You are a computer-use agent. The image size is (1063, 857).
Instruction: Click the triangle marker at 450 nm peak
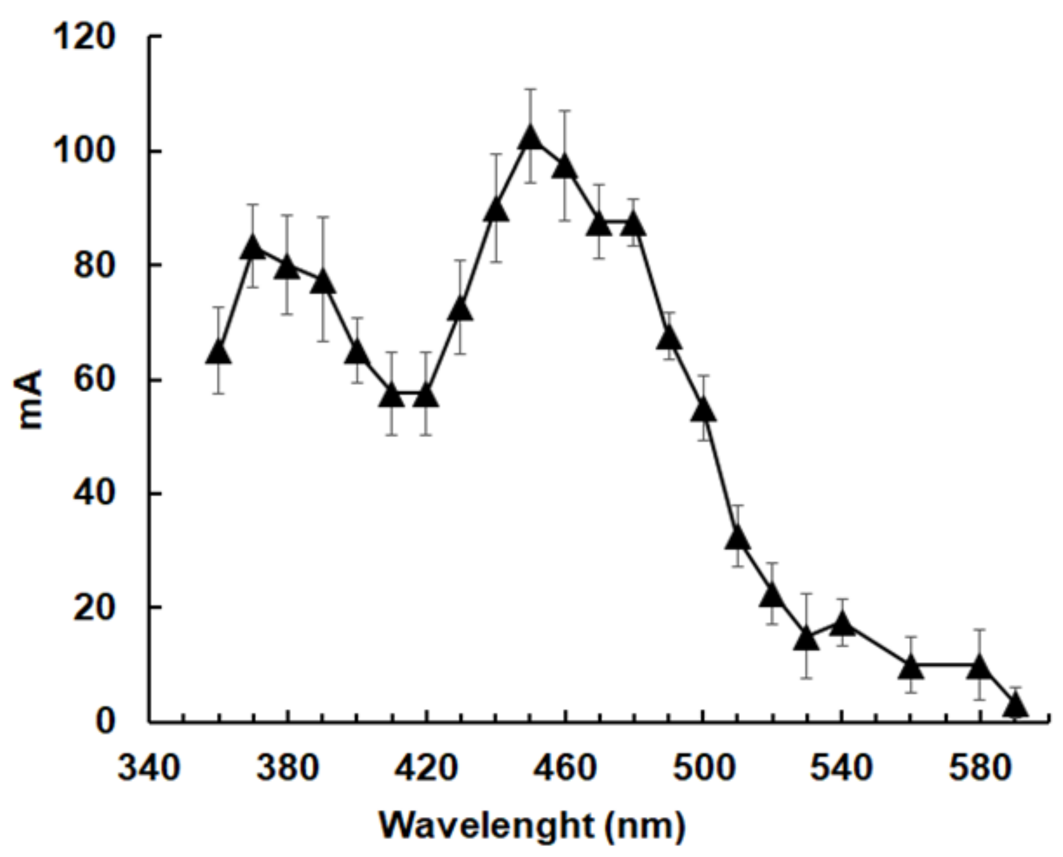pos(530,139)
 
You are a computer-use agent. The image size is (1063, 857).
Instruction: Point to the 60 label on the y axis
pos(94,381)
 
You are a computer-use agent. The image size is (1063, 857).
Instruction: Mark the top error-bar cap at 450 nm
pos(530,89)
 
